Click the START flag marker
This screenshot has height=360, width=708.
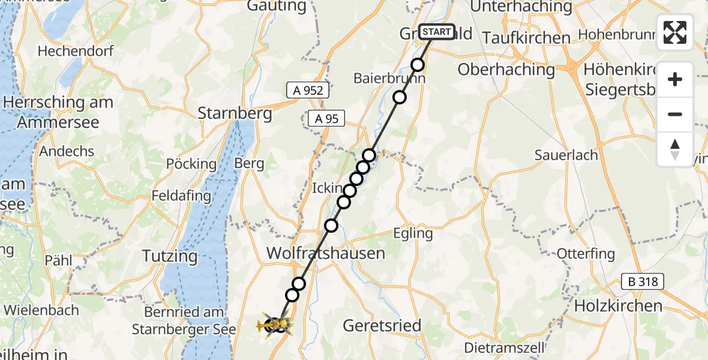click(x=436, y=32)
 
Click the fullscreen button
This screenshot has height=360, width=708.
click(x=675, y=32)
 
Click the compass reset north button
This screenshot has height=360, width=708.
click(x=675, y=149)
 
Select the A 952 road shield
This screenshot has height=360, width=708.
click(x=308, y=91)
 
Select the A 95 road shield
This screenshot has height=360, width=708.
click(x=327, y=119)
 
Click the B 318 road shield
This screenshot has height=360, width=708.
click(x=641, y=281)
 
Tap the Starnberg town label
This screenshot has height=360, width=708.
click(x=235, y=113)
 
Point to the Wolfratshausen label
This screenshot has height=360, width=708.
click(x=325, y=253)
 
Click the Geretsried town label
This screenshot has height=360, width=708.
click(x=382, y=325)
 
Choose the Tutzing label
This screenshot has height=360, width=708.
click(x=170, y=256)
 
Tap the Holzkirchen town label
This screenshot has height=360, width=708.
click(x=618, y=305)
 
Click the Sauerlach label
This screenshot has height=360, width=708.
click(x=566, y=155)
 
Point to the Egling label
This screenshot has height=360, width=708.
click(x=412, y=233)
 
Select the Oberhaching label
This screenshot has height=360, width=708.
click(x=498, y=70)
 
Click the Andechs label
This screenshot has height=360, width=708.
click(x=67, y=151)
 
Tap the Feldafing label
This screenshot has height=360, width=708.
click(x=181, y=196)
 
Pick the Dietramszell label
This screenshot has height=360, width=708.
click(x=505, y=347)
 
